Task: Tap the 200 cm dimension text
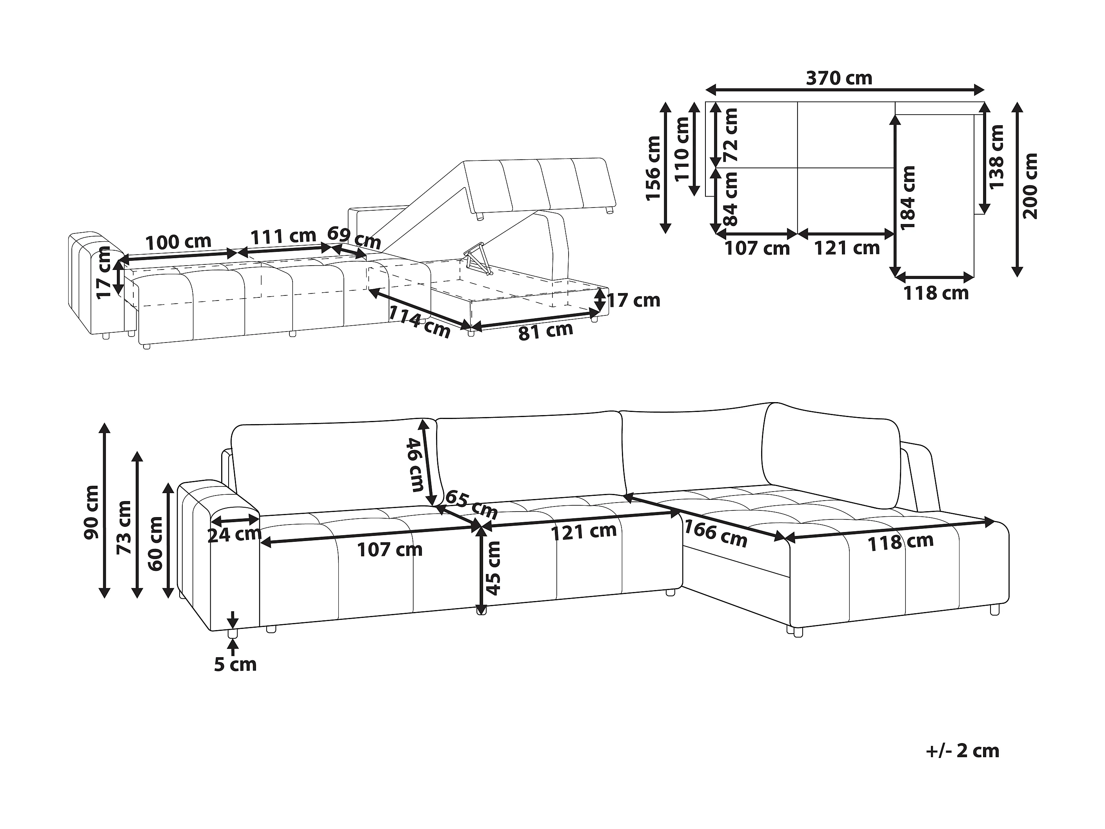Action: pyautogui.click(x=1030, y=186)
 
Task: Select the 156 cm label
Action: pyautogui.click(x=653, y=168)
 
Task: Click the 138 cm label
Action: pyautogui.click(x=996, y=157)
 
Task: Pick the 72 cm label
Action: pyautogui.click(x=731, y=135)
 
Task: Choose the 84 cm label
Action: pyautogui.click(x=731, y=199)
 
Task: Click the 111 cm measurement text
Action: pyautogui.click(x=283, y=236)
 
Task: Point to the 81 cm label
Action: pyautogui.click(x=545, y=331)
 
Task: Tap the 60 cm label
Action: pyautogui.click(x=155, y=544)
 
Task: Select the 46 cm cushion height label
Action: pyautogui.click(x=416, y=464)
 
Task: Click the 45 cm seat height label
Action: pyautogui.click(x=494, y=568)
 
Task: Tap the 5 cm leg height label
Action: pyautogui.click(x=235, y=665)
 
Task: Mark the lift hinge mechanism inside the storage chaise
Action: pyautogui.click(x=476, y=258)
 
